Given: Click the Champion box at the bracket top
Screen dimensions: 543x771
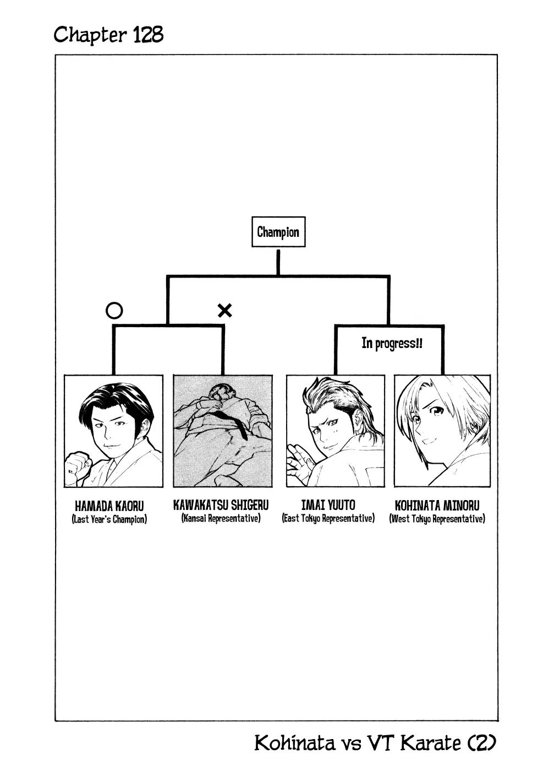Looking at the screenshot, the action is tap(278, 232).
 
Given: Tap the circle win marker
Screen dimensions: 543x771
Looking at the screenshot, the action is tap(114, 311).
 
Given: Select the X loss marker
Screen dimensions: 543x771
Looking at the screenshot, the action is tap(225, 311).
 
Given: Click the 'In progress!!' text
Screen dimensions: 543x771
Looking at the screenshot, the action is tap(392, 343).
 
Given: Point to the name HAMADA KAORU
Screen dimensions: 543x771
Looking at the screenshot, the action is tap(109, 506).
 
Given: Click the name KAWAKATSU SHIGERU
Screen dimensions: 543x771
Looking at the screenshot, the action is tap(221, 505).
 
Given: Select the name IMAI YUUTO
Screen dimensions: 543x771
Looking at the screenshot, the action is tap(328, 505).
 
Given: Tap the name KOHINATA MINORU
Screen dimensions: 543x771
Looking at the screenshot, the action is tap(437, 506).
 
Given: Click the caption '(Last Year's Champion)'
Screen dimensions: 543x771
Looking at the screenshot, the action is tap(109, 519).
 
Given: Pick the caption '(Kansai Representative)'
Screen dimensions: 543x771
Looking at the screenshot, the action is tap(221, 518).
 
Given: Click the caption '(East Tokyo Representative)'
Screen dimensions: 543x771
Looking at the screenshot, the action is tap(328, 518).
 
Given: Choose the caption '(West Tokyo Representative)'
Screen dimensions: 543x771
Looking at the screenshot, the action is tap(437, 519).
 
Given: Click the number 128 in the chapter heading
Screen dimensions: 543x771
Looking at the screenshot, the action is tap(148, 35).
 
